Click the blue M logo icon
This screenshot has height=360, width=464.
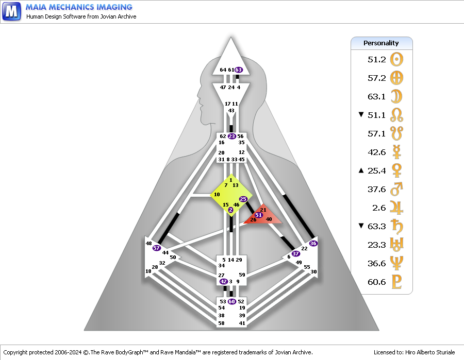tap(12, 11)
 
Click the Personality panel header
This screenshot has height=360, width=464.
tap(382, 43)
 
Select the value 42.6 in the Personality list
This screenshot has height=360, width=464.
tap(376, 152)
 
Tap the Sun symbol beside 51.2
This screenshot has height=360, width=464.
tap(397, 59)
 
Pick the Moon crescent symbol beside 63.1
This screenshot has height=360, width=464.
tap(397, 96)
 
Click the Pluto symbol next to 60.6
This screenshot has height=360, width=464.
tap(397, 282)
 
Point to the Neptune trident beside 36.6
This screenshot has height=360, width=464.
tap(397, 263)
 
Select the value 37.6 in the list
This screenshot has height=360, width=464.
tap(376, 189)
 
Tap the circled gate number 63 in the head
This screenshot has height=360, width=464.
tap(239, 70)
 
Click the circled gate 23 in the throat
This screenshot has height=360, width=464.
tap(231, 136)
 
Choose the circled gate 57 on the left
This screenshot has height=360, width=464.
tap(157, 248)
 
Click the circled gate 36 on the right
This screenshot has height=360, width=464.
tap(313, 243)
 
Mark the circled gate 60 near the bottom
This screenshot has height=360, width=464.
tap(232, 301)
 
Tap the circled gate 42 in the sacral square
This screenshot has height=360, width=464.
tap(224, 282)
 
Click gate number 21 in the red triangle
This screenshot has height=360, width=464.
tap(263, 210)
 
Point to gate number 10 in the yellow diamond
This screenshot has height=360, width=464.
tap(217, 194)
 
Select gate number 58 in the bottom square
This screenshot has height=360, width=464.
tap(222, 323)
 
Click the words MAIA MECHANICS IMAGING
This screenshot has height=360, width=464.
tap(78, 7)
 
